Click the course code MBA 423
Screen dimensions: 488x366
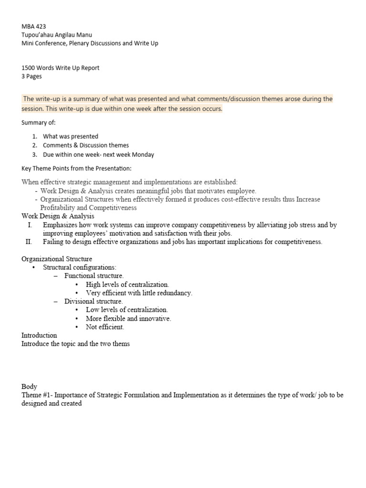point(34,27)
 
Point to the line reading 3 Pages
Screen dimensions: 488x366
point(31,76)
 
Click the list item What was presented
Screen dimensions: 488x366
point(71,136)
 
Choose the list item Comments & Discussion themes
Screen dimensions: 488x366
point(86,145)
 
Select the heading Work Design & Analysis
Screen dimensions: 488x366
point(58,216)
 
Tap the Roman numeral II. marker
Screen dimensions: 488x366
point(29,242)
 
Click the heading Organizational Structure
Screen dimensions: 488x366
point(57,259)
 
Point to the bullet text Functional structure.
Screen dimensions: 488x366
point(94,276)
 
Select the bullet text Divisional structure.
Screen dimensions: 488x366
point(93,302)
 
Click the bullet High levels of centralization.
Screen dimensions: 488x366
point(127,285)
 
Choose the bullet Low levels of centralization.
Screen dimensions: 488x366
point(127,310)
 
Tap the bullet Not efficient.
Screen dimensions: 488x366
point(105,327)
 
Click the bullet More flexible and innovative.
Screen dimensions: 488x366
point(128,319)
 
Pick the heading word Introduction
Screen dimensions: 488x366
point(39,335)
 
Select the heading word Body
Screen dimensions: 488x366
point(29,386)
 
